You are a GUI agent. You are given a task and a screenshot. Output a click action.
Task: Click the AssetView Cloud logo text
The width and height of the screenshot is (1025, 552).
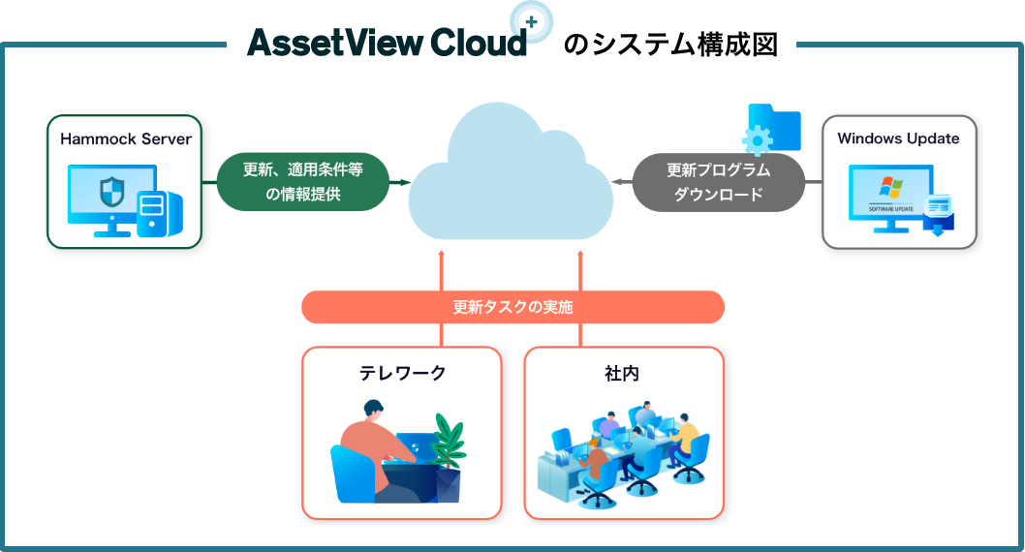(x=386, y=43)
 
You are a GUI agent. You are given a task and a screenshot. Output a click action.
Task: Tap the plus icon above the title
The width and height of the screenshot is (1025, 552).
(x=531, y=19)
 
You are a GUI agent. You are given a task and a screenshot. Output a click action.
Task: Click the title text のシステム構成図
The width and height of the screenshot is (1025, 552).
(x=670, y=45)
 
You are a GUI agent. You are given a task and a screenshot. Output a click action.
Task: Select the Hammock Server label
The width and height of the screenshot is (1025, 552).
(x=126, y=138)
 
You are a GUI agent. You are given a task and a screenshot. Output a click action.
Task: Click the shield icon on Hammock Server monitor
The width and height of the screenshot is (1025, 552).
(x=112, y=191)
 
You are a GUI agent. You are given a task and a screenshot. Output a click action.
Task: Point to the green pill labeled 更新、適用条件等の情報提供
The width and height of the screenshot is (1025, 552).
(x=301, y=181)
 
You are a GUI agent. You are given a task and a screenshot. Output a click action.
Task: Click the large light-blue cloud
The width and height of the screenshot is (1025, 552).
(x=511, y=174)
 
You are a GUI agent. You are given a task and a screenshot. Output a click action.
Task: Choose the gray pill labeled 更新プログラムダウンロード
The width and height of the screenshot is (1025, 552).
(x=718, y=181)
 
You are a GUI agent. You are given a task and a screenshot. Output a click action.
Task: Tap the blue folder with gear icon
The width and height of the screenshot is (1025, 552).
(x=771, y=130)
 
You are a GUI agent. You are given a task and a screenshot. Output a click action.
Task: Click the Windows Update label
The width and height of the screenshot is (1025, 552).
(x=898, y=138)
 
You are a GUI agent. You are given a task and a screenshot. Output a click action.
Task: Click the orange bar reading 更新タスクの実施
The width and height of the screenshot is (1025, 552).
(x=512, y=307)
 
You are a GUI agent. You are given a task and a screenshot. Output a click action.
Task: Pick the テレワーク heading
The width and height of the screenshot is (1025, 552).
(x=402, y=373)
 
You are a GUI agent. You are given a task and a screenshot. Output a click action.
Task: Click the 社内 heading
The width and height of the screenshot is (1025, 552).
(x=623, y=373)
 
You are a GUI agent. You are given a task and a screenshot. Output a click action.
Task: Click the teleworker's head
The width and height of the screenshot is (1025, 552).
(x=373, y=411)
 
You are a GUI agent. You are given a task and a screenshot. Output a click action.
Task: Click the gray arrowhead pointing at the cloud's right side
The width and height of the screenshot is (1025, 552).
(x=616, y=181)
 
